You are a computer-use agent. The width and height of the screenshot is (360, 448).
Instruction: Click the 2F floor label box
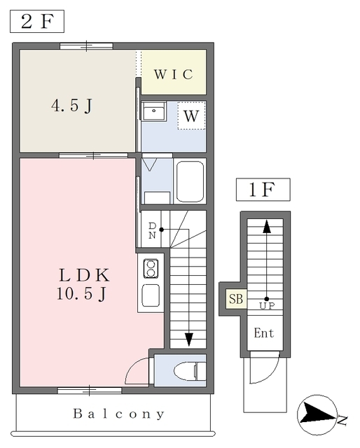click(37, 21)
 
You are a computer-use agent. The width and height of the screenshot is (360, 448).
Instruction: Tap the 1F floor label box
click(263, 190)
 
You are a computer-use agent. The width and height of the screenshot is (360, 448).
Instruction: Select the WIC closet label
click(174, 74)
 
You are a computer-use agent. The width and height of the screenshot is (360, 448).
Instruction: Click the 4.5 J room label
click(71, 106)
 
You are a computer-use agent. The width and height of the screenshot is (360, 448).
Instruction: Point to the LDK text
click(84, 275)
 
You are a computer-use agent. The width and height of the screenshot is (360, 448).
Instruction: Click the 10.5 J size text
click(81, 293)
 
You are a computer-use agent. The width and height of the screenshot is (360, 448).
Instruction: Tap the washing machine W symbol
click(191, 116)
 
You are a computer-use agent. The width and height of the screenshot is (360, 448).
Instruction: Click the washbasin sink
click(154, 111)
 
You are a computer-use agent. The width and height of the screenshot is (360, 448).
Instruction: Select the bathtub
click(190, 181)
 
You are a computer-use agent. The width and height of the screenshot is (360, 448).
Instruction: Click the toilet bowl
click(190, 371)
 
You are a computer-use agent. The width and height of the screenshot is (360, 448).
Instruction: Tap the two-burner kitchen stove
click(151, 269)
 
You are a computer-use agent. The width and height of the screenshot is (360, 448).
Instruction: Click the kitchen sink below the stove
click(151, 295)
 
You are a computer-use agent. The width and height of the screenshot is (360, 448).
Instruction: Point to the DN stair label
click(152, 230)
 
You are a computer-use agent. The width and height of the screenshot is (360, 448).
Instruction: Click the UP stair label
click(267, 306)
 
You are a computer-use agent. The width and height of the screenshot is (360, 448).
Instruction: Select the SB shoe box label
click(236, 299)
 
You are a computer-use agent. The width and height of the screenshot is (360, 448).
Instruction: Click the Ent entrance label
click(264, 333)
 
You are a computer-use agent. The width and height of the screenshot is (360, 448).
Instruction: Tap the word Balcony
click(119, 414)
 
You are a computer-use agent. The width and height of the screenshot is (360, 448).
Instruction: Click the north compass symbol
click(317, 415)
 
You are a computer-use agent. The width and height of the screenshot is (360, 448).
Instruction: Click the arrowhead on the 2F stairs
click(188, 339)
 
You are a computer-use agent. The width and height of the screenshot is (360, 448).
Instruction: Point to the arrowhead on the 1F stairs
click(267, 226)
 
